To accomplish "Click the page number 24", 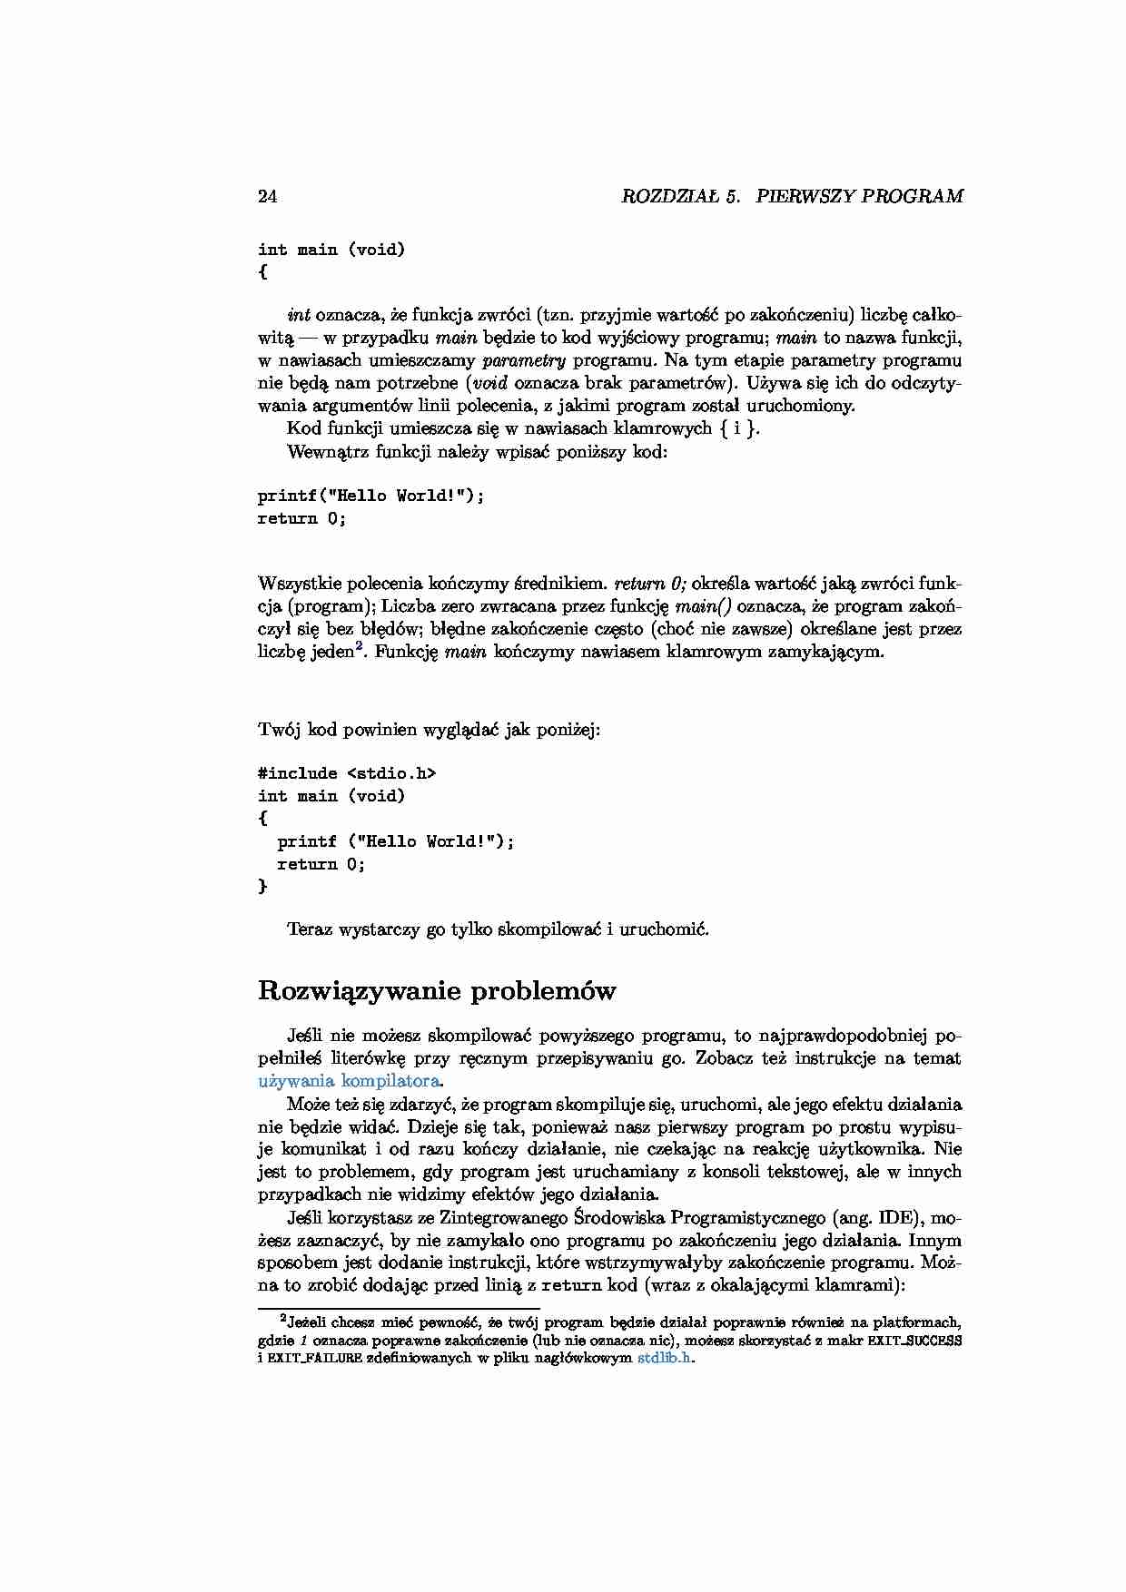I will [x=268, y=196].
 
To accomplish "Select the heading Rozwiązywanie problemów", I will [x=437, y=990].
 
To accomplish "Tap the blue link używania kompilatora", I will [x=350, y=1081].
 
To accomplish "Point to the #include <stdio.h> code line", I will [x=347, y=773].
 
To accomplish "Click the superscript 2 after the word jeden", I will [x=360, y=646].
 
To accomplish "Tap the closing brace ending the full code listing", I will [x=263, y=887].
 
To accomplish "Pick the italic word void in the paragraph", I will [x=491, y=383].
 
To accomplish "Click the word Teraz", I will [x=310, y=929].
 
